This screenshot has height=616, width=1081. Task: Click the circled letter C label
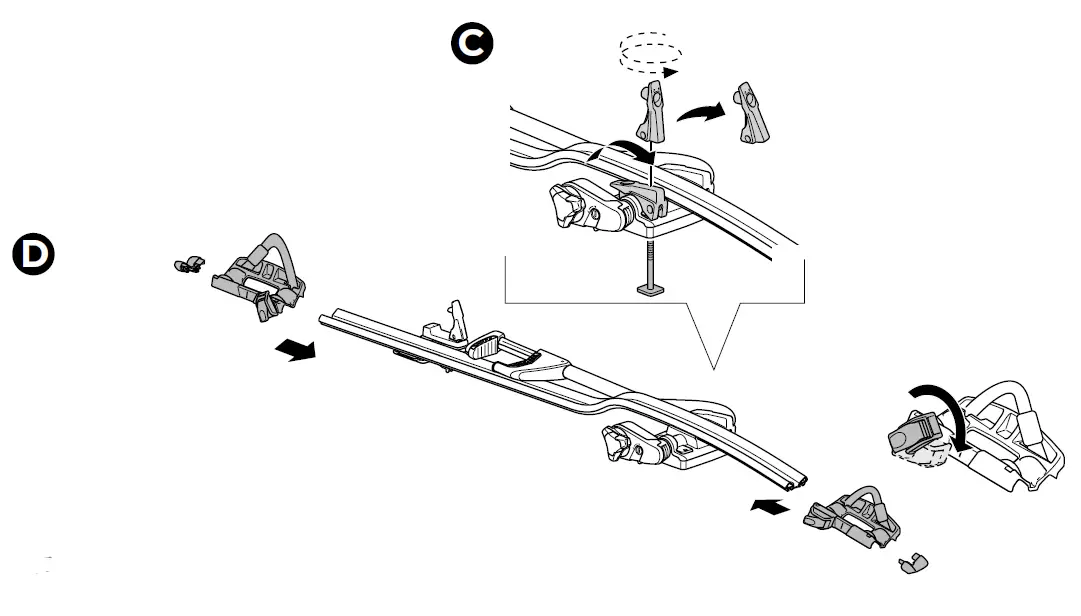point(472,43)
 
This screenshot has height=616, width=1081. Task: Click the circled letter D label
point(33,254)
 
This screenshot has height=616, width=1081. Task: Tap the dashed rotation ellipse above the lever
point(650,52)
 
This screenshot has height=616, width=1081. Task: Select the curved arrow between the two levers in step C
point(701,112)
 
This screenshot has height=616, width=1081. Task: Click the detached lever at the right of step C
point(750,113)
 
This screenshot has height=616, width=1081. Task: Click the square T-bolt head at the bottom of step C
point(651,289)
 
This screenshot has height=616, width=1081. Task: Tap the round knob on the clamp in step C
point(565,204)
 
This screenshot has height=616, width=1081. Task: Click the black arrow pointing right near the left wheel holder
point(296,349)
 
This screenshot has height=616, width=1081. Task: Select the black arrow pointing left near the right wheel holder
point(770,507)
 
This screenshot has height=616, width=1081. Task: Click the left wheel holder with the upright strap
point(259,277)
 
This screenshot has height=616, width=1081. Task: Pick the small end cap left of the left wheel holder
point(189,264)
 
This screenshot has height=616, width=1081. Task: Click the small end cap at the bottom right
point(913,563)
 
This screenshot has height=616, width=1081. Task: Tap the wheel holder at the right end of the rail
point(852,517)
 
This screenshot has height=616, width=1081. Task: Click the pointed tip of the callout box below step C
point(714,369)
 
